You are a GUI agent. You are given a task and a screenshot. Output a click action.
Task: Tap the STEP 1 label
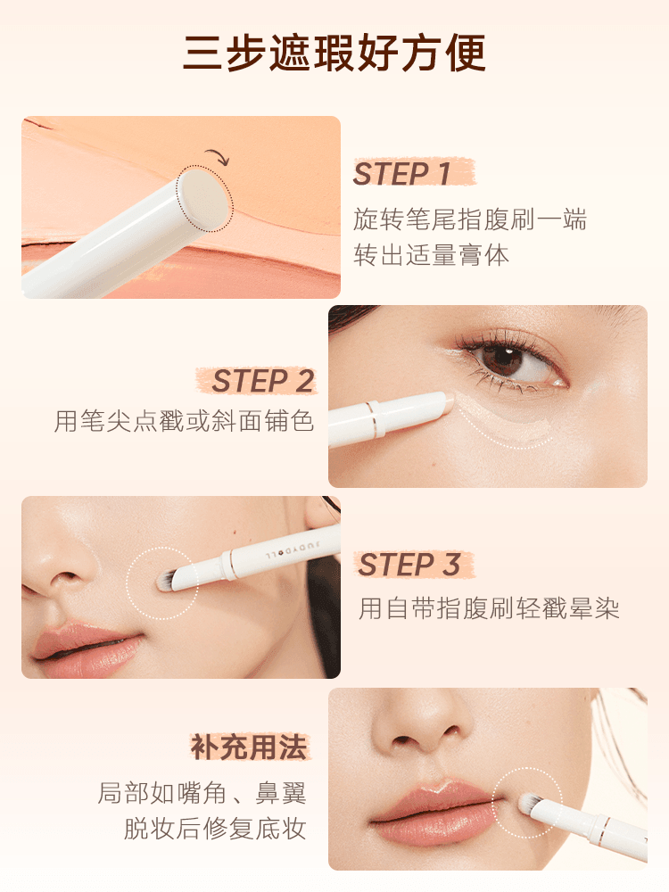(402, 175)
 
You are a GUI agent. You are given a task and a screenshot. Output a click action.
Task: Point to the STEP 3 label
(409, 565)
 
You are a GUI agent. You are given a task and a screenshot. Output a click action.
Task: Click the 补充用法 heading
(248, 747)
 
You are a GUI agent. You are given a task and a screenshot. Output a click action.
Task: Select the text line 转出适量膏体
(432, 256)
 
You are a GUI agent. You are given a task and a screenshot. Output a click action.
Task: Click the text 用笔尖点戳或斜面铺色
(185, 421)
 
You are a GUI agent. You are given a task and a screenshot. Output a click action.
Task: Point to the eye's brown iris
(503, 359)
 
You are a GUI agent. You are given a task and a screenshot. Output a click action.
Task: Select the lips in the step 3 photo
(85, 647)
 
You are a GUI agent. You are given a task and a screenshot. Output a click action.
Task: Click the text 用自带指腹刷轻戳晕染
(489, 609)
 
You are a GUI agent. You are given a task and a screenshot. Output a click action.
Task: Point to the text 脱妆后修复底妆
(215, 829)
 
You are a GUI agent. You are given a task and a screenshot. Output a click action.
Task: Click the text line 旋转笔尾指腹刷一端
(471, 219)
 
